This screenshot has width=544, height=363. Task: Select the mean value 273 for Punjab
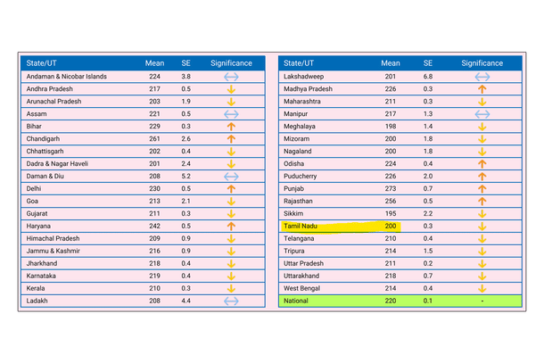[x=391, y=189]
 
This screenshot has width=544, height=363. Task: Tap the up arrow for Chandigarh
[x=231, y=139]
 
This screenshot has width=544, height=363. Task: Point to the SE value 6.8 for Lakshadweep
[x=428, y=77]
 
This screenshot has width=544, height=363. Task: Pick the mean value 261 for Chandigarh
[x=155, y=139]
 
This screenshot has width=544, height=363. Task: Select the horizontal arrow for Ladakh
[x=231, y=301]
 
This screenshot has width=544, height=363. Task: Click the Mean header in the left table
[x=155, y=63]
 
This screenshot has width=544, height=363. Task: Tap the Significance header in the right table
[x=482, y=63]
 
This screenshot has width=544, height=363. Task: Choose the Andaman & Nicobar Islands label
[x=67, y=77]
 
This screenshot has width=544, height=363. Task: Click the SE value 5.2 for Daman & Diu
[x=185, y=177]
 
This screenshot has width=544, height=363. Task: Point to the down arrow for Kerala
[x=231, y=289]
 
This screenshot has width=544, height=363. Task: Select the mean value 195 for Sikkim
[x=391, y=214]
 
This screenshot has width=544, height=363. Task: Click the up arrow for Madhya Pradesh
[x=482, y=89]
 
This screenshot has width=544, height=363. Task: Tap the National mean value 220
[x=391, y=301]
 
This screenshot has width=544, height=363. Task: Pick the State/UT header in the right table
[x=301, y=63]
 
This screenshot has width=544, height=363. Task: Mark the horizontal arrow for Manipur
[x=482, y=114]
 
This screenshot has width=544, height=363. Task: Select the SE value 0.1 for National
[x=428, y=301]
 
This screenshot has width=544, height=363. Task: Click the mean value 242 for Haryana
[x=155, y=227]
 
